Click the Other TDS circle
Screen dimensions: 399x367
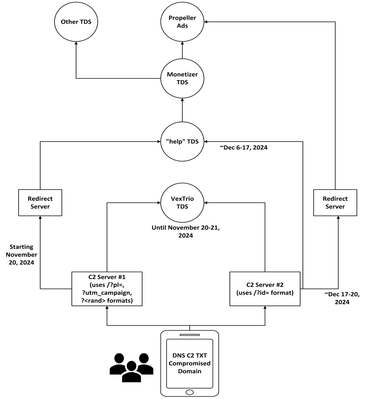pyautogui.click(x=76, y=22)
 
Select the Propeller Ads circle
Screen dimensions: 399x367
pyautogui.click(x=182, y=22)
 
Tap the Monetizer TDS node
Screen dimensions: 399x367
pyautogui.click(x=182, y=78)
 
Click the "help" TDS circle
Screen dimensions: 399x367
pyautogui.click(x=182, y=142)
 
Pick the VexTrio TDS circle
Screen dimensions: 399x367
pyautogui.click(x=182, y=202)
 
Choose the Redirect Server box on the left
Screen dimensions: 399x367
pyautogui.click(x=40, y=202)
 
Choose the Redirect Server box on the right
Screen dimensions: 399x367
pyautogui.click(x=335, y=202)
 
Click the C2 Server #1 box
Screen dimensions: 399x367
pyautogui.click(x=107, y=289)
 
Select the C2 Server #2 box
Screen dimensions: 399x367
pyautogui.click(x=265, y=289)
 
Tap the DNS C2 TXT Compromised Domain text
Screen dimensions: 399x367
pyautogui.click(x=189, y=363)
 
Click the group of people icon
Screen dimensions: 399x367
pyautogui.click(x=131, y=367)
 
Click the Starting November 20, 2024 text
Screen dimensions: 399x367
pyautogui.click(x=23, y=255)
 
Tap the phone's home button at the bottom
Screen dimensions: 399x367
pyautogui.click(x=189, y=392)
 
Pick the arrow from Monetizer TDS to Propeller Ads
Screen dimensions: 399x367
pyautogui.click(x=182, y=50)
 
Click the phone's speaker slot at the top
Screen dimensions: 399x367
pyautogui.click(x=189, y=335)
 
